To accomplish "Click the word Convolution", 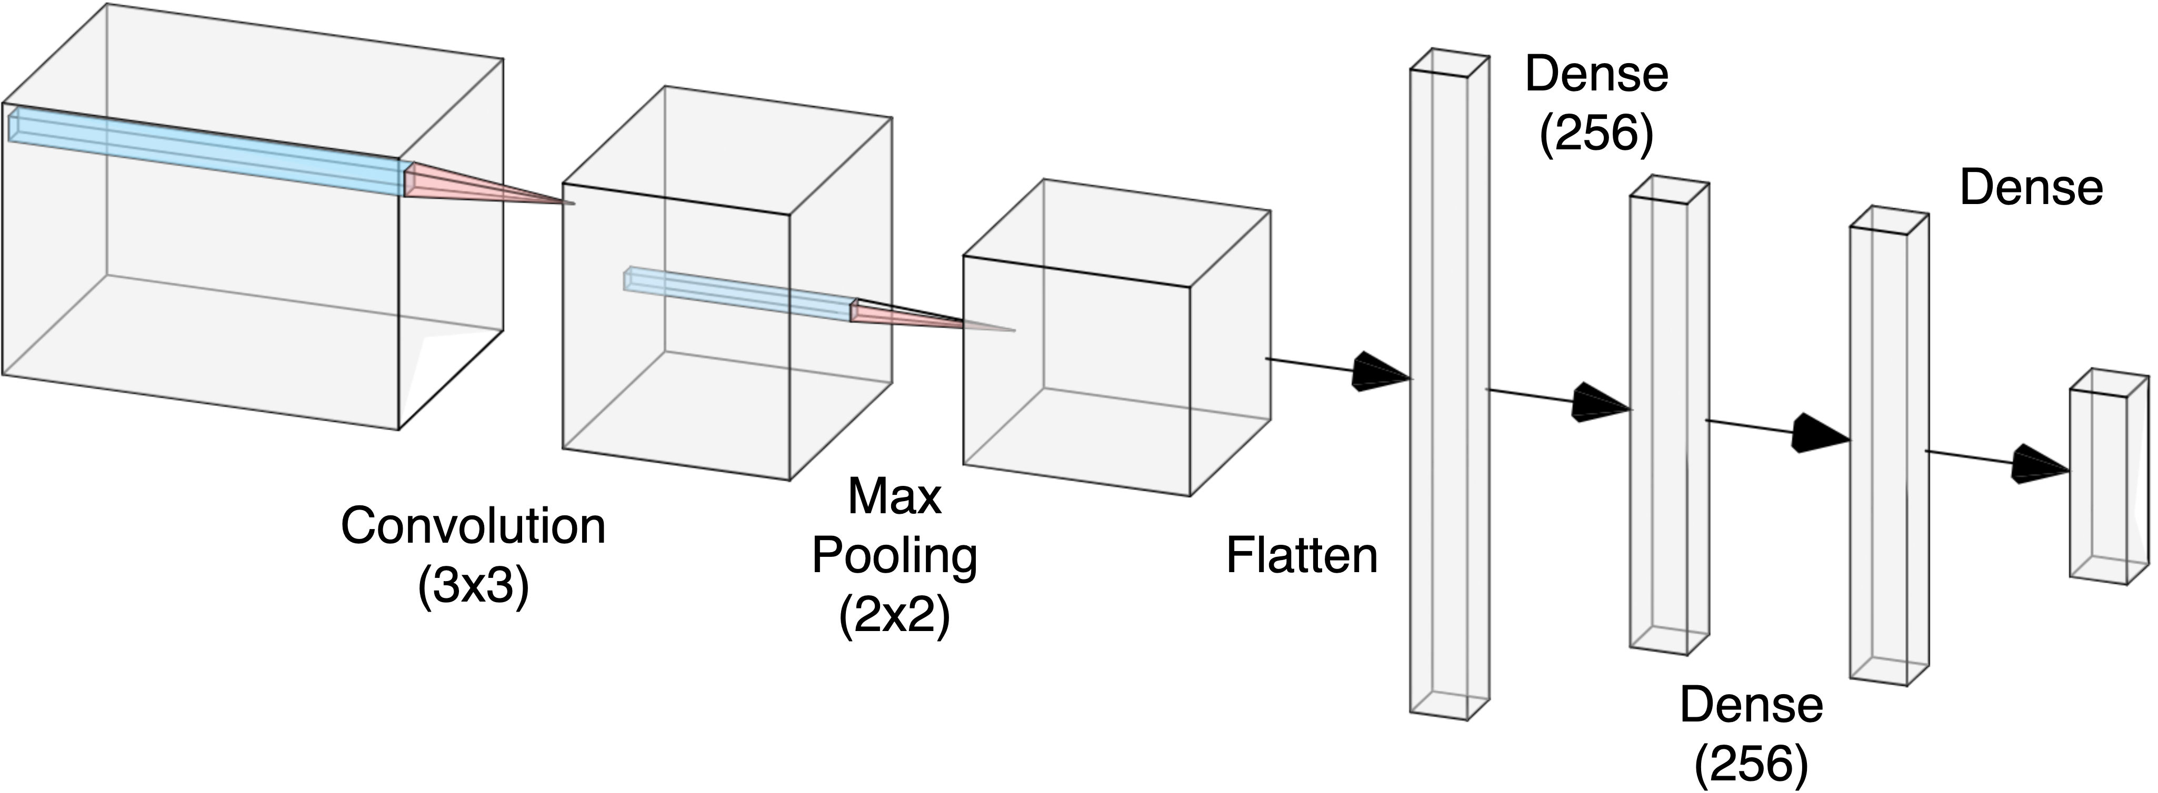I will [x=473, y=527].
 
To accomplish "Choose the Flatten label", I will [x=1302, y=555].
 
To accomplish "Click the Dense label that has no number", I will [x=2031, y=188].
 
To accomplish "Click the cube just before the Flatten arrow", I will [x=1114, y=352].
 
